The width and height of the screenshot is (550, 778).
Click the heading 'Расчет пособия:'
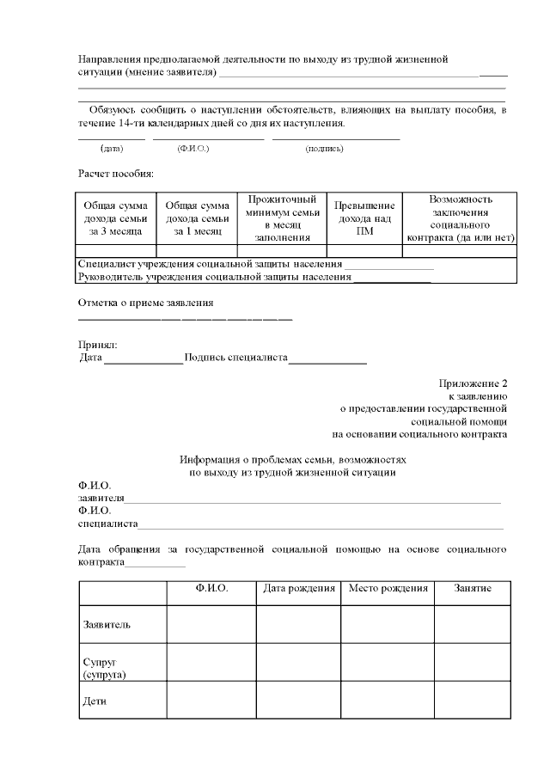point(116,175)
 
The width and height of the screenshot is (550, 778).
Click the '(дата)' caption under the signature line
point(112,149)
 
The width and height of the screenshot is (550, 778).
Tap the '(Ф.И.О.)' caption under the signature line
point(193,149)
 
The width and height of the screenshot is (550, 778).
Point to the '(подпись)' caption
point(324,149)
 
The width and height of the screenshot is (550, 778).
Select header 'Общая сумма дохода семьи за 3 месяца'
point(115,218)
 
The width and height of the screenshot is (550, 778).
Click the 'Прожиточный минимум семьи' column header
point(281,218)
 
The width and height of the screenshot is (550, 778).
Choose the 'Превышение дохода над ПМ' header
point(364,218)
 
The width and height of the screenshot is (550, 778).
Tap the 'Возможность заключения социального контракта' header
point(460,218)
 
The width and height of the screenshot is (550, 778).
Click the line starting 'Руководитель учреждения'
point(215,277)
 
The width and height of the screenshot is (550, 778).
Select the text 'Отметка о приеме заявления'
point(145,303)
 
